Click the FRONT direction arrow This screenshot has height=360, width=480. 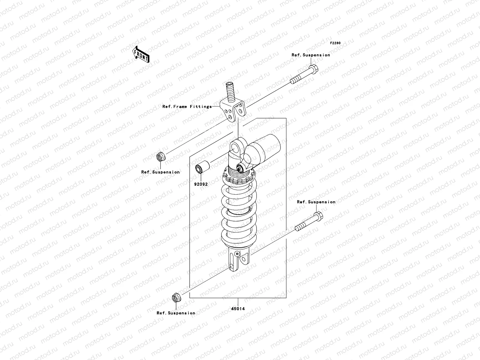coord(141,54)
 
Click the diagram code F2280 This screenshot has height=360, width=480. coord(335,43)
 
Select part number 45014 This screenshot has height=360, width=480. coord(238,308)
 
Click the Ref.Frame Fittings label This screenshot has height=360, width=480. coord(187,106)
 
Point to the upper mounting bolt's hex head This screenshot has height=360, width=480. coord(313,70)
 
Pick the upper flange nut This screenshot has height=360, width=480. coord(160,157)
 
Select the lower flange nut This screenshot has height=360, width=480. coord(175,298)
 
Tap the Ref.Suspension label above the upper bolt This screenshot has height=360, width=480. coord(311,55)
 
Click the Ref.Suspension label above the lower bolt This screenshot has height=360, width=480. coord(316,202)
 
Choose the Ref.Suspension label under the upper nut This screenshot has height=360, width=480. coord(160,172)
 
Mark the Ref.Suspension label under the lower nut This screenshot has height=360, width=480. coord(176,313)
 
